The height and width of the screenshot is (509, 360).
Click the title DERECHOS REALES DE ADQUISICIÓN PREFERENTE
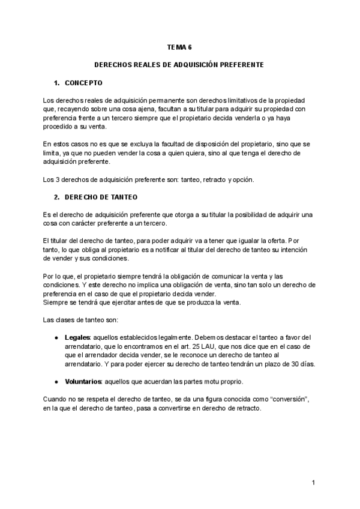tap(179, 64)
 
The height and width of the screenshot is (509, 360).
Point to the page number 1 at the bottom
tap(314, 483)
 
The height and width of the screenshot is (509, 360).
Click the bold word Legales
tap(77, 337)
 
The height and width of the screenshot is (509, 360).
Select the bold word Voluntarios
tap(82, 382)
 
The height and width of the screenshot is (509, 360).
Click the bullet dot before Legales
tap(56, 337)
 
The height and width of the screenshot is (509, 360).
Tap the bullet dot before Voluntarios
tap(56, 382)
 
